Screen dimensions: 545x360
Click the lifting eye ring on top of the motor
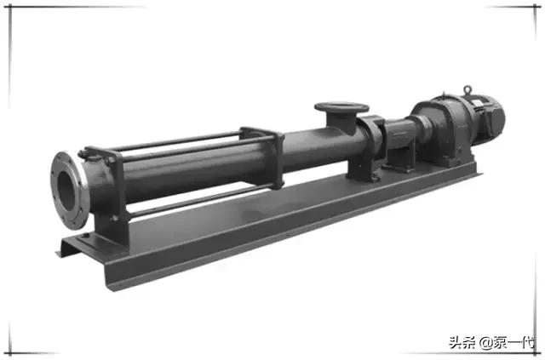click(x=468, y=90)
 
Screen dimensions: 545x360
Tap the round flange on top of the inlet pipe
click(x=341, y=107)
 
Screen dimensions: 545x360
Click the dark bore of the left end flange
click(x=66, y=191)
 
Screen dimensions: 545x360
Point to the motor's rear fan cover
click(x=496, y=118)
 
